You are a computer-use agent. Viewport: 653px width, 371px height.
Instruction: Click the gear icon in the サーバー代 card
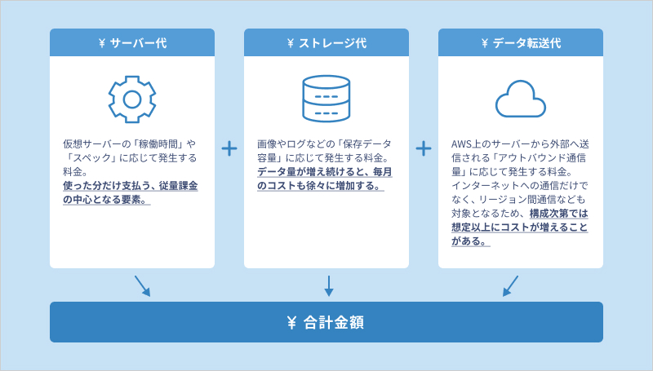point(132,99)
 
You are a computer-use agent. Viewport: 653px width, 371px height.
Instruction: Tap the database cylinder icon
point(326,99)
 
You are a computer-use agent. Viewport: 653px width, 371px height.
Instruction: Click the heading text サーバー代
point(138,42)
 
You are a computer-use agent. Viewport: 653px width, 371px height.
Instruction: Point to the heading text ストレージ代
point(332,42)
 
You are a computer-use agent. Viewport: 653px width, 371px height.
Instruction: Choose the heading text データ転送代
point(526,42)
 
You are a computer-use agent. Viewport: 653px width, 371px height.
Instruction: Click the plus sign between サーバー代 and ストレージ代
point(229,148)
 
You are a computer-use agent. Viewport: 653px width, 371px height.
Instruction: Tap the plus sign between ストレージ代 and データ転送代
point(424,148)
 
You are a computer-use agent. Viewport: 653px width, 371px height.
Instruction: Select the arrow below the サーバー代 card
point(142,285)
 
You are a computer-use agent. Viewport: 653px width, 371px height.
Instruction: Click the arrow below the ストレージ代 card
point(327,285)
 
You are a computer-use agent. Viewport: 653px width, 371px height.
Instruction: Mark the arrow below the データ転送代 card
point(511,285)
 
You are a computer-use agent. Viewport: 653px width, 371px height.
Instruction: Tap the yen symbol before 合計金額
point(291,322)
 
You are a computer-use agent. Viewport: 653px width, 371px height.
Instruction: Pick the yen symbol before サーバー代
point(101,43)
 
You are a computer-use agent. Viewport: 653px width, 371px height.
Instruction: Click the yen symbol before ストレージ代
point(291,43)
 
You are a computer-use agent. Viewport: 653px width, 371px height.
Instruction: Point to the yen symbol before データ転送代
point(485,43)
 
